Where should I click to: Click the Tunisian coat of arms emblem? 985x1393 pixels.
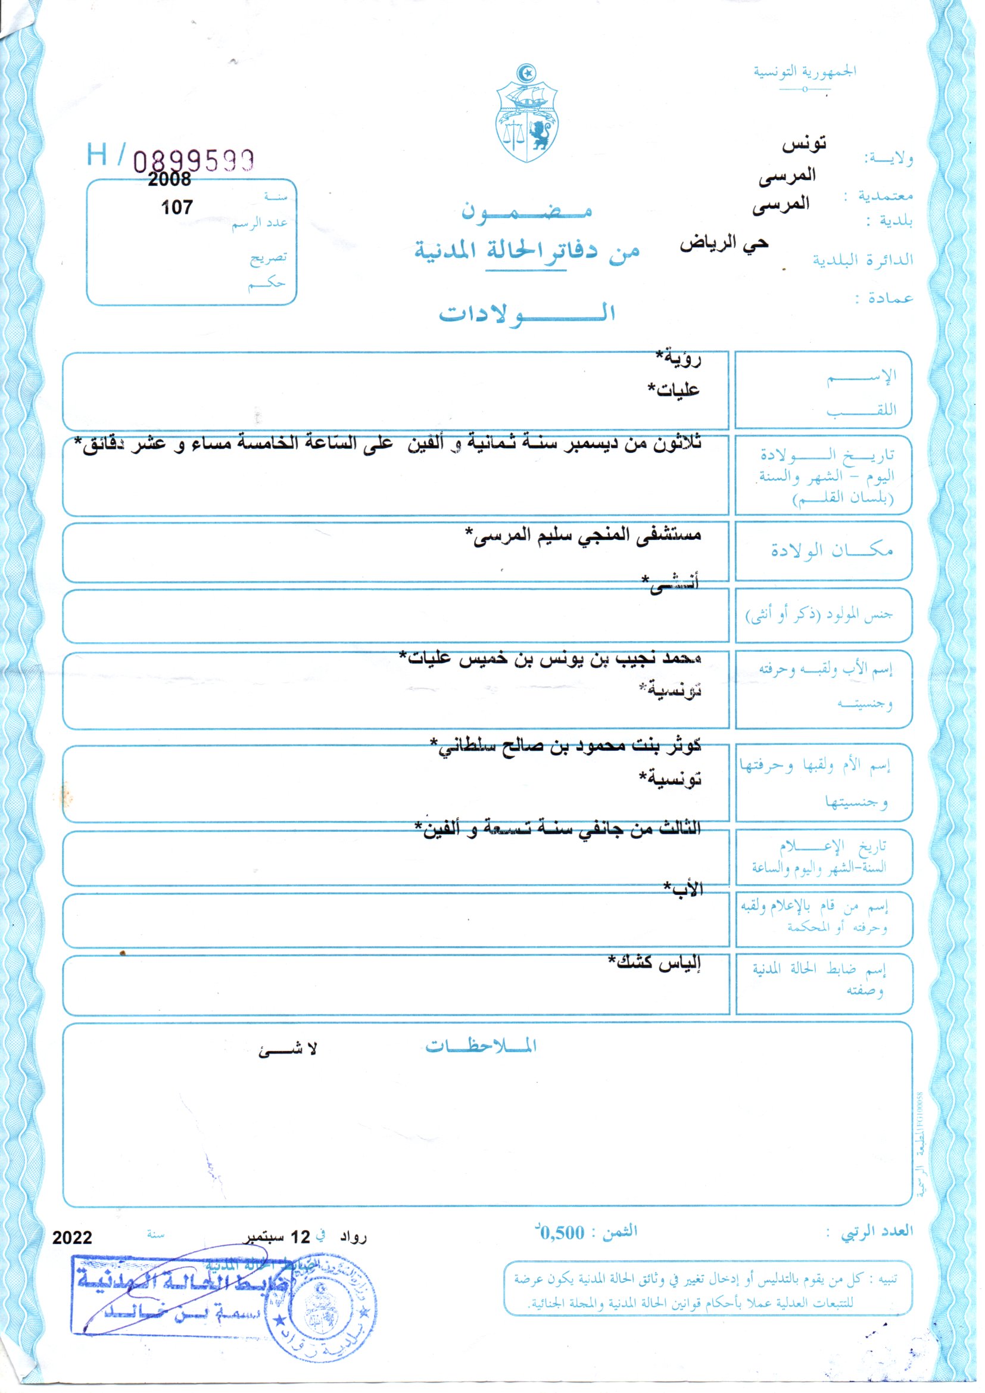coord(526,113)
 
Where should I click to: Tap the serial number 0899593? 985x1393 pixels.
coord(194,161)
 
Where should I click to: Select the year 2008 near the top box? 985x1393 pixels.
coord(169,179)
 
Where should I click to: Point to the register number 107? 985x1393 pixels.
coord(177,207)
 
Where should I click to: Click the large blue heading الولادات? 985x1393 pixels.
coord(526,313)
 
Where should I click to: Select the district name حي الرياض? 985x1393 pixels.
coord(724,244)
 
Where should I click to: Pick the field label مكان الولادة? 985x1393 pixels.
coord(831,551)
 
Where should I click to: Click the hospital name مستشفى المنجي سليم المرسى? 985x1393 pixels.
coord(583,534)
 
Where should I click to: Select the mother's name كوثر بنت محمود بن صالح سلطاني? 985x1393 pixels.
coord(565,745)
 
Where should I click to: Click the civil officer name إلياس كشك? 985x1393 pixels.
coord(654,962)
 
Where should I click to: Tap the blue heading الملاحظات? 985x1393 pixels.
coord(481,1046)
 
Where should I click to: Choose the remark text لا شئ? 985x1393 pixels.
coord(288,1050)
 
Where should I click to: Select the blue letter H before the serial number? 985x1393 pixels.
coord(97,155)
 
